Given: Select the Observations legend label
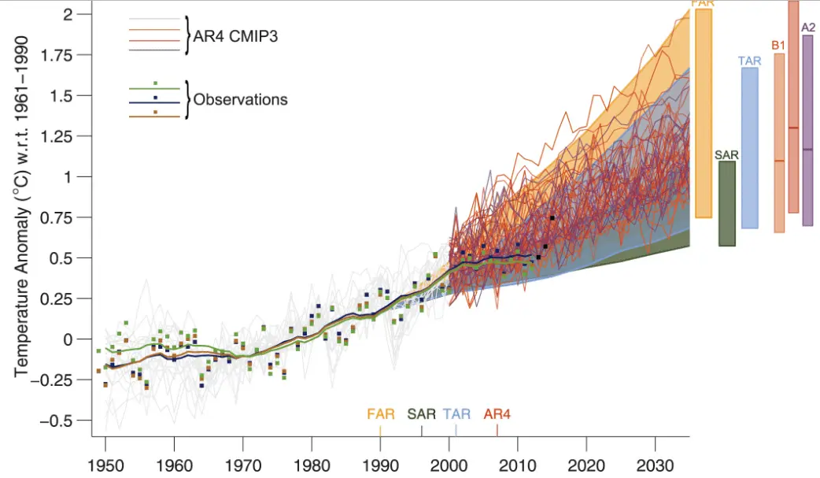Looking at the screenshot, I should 240,100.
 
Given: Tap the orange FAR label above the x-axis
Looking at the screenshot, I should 381,413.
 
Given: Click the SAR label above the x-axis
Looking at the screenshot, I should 422,413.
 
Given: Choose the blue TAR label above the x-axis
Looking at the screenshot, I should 457,413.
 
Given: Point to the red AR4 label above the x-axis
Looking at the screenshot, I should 497,413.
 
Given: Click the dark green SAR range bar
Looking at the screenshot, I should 727,203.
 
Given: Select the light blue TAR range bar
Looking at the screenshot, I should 749,148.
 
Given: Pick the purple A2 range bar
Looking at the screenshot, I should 807,130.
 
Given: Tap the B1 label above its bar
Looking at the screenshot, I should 778,46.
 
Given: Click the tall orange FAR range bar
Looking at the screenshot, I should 703,113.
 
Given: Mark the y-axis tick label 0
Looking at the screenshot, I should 68,339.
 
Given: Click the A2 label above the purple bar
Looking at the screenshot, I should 807,28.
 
